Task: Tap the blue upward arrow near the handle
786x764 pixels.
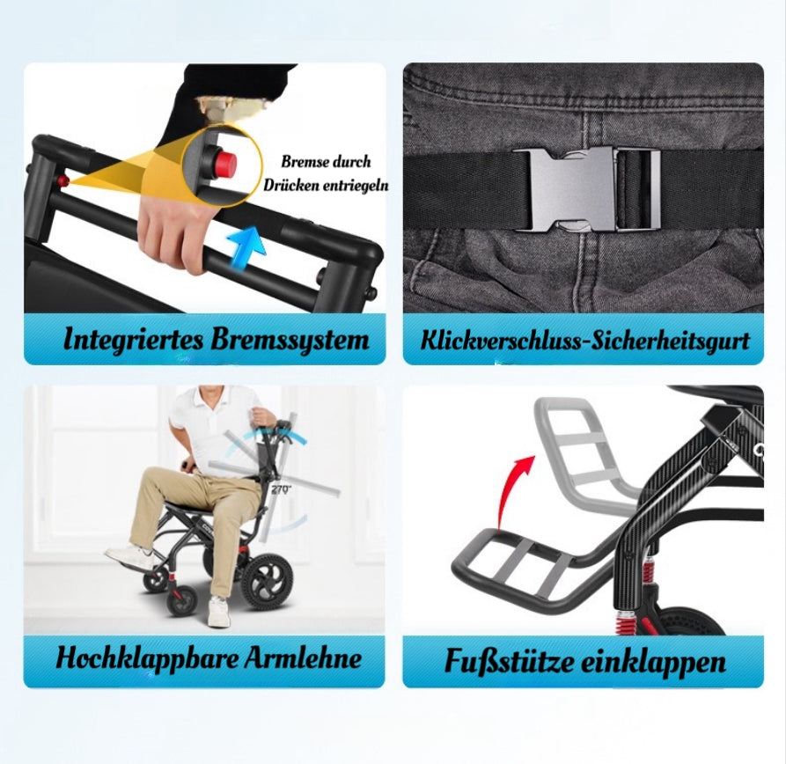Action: click(x=247, y=247)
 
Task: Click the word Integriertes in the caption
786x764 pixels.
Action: click(x=133, y=341)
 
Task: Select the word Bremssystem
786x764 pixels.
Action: click(x=290, y=341)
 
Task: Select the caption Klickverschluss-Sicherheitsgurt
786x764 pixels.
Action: click(x=584, y=341)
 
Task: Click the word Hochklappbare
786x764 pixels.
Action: click(x=146, y=658)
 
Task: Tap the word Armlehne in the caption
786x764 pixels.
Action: click(x=303, y=657)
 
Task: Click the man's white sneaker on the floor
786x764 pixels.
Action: click(x=218, y=611)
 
